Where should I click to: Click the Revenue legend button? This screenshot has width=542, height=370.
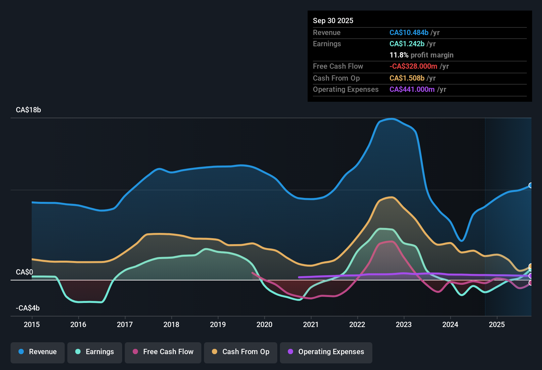point(38,352)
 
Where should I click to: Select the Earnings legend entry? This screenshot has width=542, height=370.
point(95,352)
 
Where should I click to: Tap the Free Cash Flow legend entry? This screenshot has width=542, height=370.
point(163,352)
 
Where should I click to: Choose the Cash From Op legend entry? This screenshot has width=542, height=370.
point(241,352)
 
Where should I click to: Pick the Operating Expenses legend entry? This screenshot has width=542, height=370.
point(326,352)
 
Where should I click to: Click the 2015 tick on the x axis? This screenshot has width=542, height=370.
point(32,324)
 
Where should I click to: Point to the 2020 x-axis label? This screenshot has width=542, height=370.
point(264,324)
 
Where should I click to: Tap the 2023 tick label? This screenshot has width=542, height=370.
point(404,324)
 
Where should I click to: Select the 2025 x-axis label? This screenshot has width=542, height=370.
point(497,324)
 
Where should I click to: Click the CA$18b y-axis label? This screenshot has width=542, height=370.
point(28,110)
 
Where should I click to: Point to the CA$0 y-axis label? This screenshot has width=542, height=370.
point(24,272)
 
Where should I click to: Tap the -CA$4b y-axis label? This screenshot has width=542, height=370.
point(28,308)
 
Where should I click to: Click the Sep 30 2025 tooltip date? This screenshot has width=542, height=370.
point(333,20)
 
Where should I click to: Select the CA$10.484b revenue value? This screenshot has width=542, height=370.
point(409,32)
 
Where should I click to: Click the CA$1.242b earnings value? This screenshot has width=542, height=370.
point(407,44)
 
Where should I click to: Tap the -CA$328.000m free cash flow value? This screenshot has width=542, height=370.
point(413,66)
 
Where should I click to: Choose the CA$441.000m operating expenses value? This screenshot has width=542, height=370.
point(412,90)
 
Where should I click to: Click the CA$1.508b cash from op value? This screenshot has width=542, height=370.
point(407,78)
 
